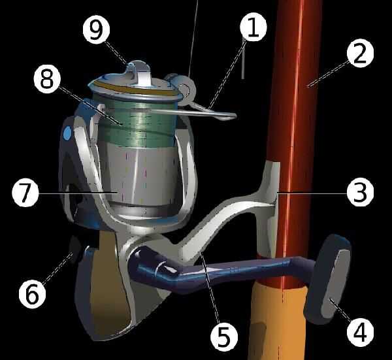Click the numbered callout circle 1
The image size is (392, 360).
[253, 27]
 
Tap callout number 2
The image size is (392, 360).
[360, 54]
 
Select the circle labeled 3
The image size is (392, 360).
[360, 193]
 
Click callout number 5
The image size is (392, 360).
[223, 336]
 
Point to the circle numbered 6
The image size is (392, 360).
[33, 295]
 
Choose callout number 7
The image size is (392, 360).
[25, 193]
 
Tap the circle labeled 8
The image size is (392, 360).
[47, 80]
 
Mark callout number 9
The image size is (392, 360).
[96, 31]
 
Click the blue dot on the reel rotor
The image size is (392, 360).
[67, 133]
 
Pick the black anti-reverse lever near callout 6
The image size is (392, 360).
[75, 249]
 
